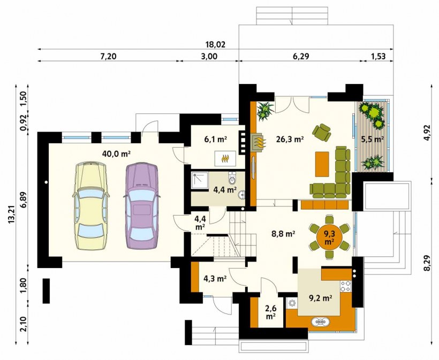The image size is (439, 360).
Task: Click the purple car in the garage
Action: pos(141,205)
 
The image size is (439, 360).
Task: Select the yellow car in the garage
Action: pos(90,205)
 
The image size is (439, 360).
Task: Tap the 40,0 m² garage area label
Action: pos(117,154)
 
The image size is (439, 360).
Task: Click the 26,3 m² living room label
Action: pos(290,139)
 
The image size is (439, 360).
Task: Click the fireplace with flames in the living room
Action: pos(259,143)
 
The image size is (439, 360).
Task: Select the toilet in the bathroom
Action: pos(232,178)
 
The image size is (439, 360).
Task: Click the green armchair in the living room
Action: pos(322,132)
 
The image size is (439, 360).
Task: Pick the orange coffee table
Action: pos(322,164)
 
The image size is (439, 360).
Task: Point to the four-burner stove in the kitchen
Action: pos(345,286)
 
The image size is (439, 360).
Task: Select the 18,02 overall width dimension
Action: pos(215,44)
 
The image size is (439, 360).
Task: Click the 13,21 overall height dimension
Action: pos(11,215)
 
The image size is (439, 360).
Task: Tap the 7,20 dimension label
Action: pos(108,57)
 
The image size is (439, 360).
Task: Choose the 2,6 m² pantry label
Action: pos(270,312)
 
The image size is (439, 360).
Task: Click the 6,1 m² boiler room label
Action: pos(215,139)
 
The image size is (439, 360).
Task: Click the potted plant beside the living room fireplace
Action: pos(264,111)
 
